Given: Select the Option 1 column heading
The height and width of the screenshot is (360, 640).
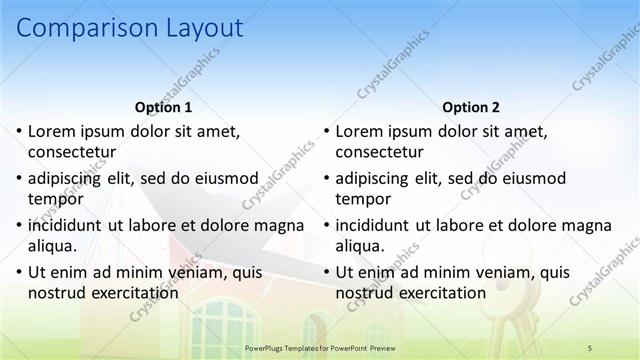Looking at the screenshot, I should [162, 108].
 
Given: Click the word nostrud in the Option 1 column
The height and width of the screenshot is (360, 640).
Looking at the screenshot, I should [56, 293].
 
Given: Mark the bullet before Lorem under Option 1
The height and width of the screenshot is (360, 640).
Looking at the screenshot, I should [18, 131].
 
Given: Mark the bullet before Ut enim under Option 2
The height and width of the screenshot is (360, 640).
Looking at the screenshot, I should [326, 272].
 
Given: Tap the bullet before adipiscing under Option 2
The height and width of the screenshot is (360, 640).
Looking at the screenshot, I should [326, 179].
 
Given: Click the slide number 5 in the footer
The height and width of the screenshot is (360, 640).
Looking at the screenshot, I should [590, 347].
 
